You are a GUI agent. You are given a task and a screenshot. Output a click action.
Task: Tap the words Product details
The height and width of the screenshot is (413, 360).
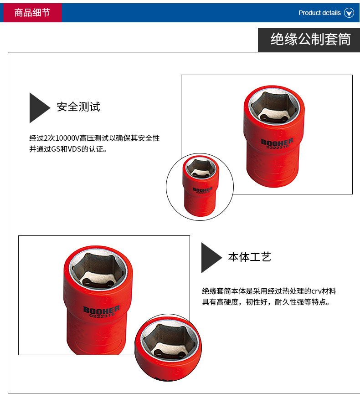pos(319,13)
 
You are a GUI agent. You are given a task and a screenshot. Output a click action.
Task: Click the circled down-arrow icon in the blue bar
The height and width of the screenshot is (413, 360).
pos(349,13)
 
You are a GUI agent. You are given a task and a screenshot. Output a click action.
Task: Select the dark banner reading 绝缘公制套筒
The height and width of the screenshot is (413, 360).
pos(309,40)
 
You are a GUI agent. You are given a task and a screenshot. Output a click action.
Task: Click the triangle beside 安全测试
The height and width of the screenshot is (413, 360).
pos(38,108)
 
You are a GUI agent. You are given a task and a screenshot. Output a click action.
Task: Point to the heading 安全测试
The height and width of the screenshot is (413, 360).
pos(78,107)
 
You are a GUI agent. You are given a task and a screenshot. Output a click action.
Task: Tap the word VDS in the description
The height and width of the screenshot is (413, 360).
pos(74,149)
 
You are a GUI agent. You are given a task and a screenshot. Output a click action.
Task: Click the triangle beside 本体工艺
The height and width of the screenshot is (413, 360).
pos(211,258)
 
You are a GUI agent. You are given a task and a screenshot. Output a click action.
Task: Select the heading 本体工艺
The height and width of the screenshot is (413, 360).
pos(250,257)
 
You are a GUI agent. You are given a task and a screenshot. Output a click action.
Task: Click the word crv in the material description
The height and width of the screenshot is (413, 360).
pos(316,291)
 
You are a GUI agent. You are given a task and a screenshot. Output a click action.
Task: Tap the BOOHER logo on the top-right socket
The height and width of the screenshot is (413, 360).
pos(277,142)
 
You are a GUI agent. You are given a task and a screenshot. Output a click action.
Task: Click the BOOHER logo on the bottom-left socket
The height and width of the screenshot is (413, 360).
pos(102,310)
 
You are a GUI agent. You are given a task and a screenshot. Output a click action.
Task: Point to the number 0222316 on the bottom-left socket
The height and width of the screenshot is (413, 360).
pos(102,315)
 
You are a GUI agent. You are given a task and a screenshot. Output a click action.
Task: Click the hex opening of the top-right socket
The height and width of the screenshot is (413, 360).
pos(274,107)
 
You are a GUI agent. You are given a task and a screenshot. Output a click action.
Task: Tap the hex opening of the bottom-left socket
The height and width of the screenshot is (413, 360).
pos(98,270)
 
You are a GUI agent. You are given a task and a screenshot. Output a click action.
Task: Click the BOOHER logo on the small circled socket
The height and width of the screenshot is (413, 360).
pos(202,189)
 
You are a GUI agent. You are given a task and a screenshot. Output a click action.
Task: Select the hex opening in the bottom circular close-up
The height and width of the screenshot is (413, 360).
pos(170,342)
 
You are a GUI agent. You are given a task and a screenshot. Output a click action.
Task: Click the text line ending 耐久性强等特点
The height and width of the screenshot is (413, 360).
pos(266,302)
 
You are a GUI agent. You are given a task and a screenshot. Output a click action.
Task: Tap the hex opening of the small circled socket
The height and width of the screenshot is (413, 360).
pos(201,168)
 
